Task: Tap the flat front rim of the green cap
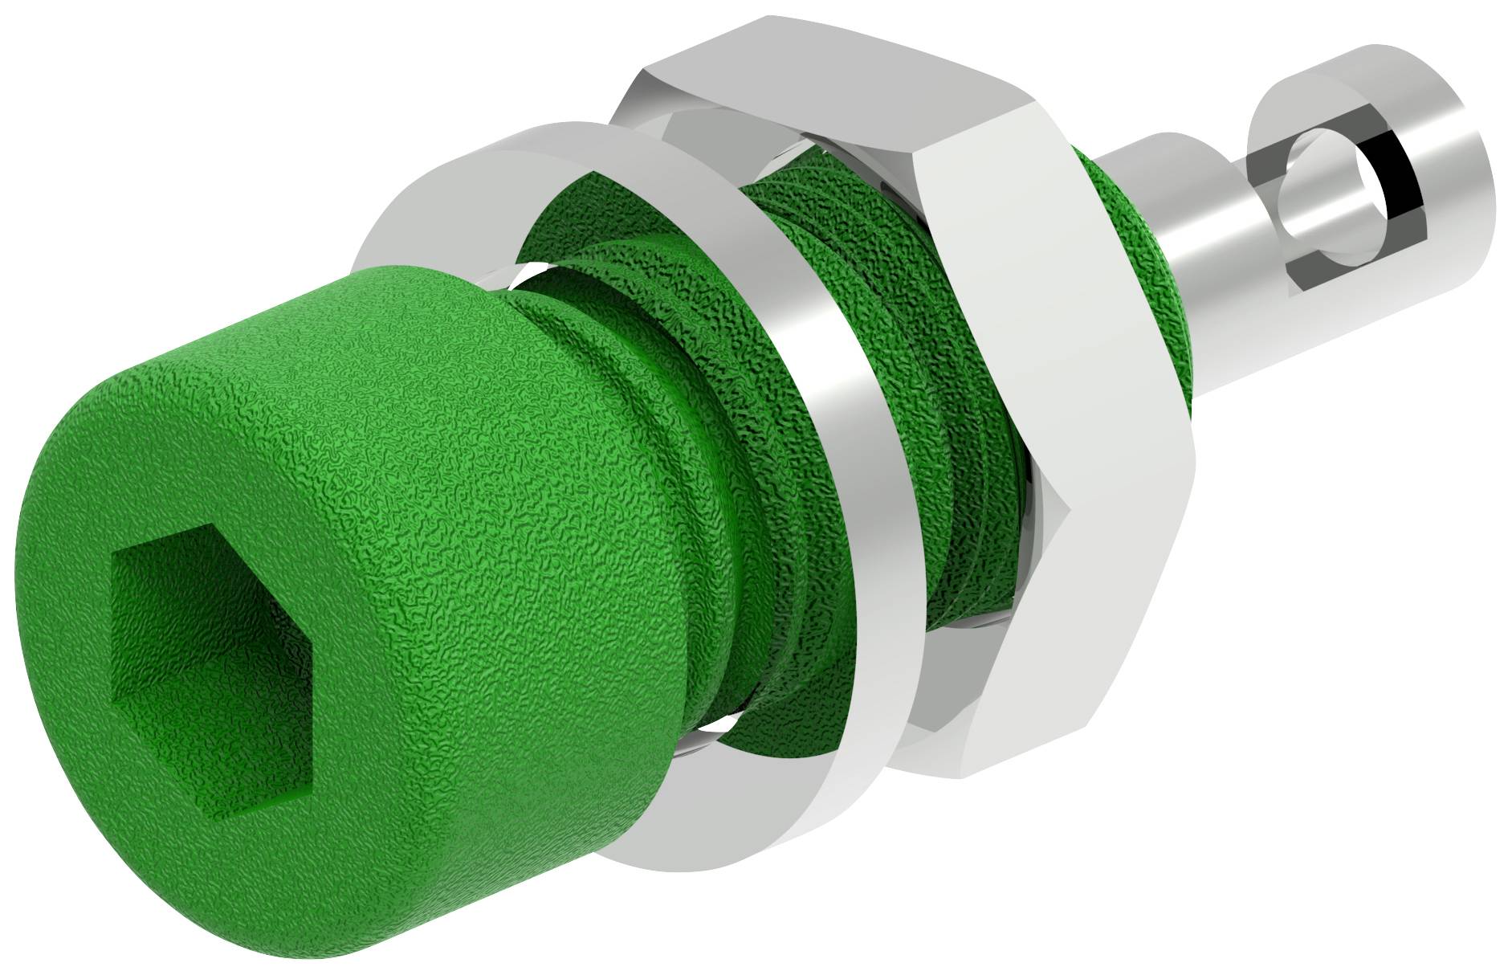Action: [x=80, y=723]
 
